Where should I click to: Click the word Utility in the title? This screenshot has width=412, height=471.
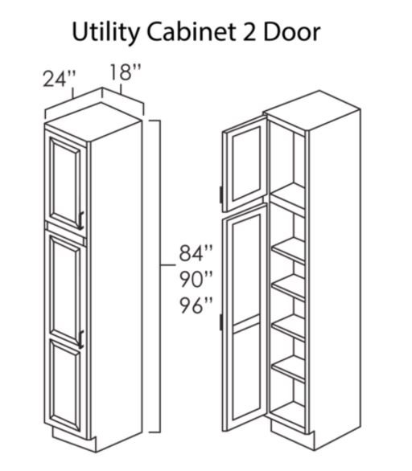[x=106, y=33]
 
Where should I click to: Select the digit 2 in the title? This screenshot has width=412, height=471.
[x=249, y=32]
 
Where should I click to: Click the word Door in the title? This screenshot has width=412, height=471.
[x=292, y=32]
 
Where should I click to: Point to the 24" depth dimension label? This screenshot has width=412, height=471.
[x=59, y=79]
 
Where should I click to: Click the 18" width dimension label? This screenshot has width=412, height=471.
[x=125, y=72]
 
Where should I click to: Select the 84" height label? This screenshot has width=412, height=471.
[x=196, y=253]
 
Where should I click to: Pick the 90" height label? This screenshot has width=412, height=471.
[x=196, y=279]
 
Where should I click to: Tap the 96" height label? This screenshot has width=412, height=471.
[x=196, y=305]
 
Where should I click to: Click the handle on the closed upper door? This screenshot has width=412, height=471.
[x=80, y=220]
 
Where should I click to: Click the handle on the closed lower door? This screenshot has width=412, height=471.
[x=80, y=340]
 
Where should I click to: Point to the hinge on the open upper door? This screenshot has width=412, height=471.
[x=221, y=194]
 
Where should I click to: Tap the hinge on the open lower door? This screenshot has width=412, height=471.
[x=221, y=322]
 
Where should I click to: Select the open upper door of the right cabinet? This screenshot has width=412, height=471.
[x=245, y=163]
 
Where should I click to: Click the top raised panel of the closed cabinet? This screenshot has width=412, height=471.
[x=65, y=182]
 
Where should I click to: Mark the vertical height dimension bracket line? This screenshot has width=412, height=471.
[x=159, y=276]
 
